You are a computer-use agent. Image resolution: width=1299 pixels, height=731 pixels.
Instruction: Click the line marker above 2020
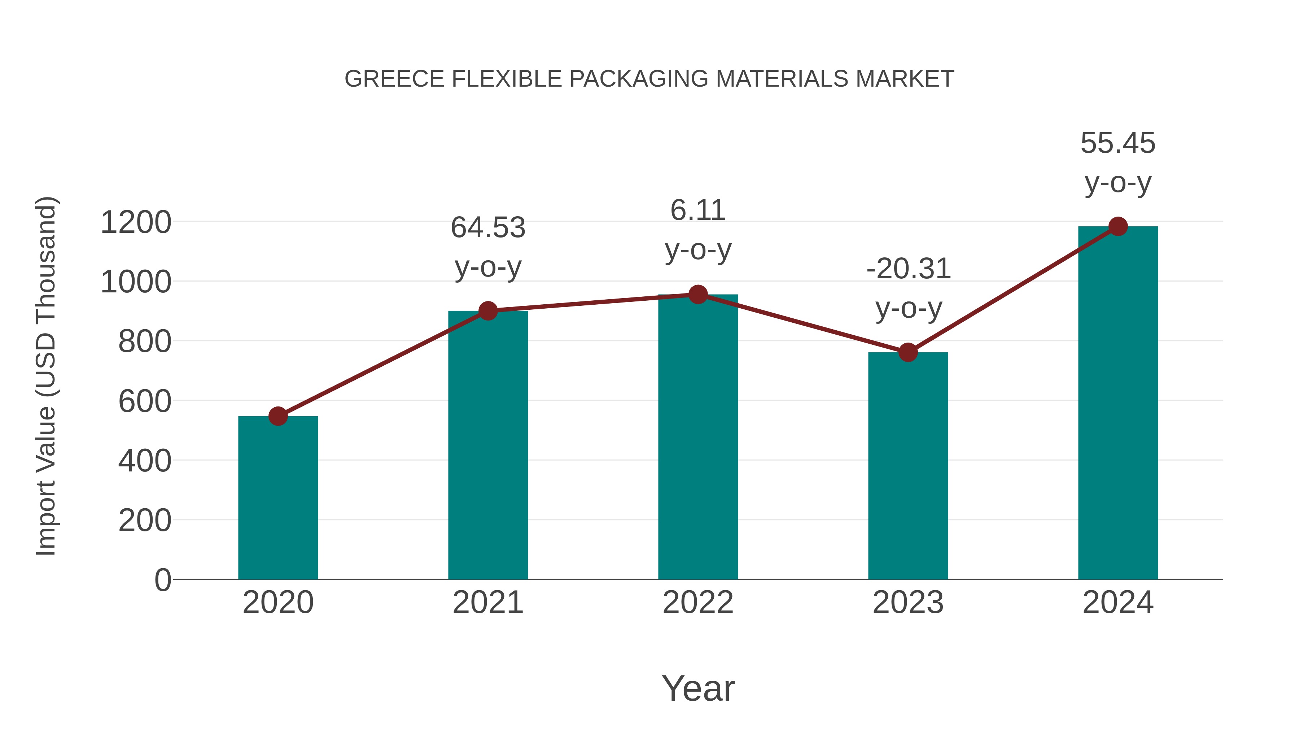pyautogui.click(x=278, y=416)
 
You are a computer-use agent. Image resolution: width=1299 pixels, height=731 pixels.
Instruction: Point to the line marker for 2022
pyautogui.click(x=698, y=294)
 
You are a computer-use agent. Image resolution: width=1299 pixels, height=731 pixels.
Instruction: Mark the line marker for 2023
pyautogui.click(x=908, y=352)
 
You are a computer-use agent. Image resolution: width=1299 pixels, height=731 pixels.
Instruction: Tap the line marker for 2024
pyautogui.click(x=1118, y=226)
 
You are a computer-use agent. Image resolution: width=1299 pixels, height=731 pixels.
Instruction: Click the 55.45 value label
pyautogui.click(x=1118, y=143)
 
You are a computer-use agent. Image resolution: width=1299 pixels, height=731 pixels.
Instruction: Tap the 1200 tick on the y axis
pyautogui.click(x=136, y=222)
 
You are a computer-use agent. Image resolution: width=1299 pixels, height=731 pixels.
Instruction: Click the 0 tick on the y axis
pyautogui.click(x=163, y=580)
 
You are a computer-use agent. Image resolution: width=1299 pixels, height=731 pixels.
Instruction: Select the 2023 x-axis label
pyautogui.click(x=908, y=602)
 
